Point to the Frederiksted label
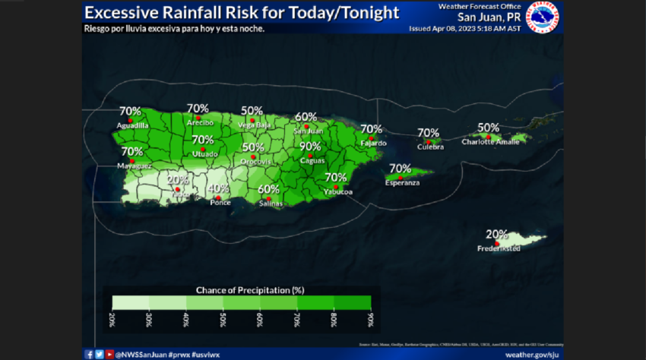(499, 248)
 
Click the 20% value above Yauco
(177, 180)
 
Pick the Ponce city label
(220, 203)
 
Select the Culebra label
(429, 147)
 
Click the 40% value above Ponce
(218, 188)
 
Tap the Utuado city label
(202, 153)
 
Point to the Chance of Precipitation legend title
(241, 289)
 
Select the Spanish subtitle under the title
(174, 28)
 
